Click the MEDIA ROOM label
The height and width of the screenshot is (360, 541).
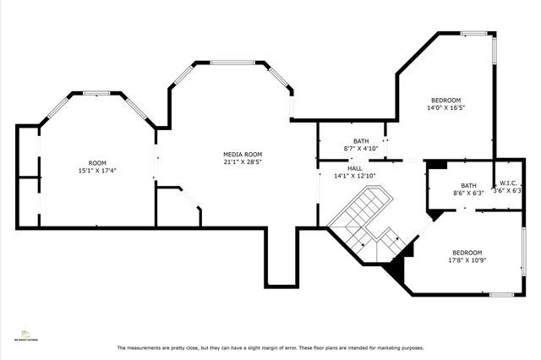click(x=242, y=155)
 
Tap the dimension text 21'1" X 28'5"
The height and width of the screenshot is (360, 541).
click(x=242, y=162)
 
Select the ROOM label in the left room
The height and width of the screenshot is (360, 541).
click(x=97, y=162)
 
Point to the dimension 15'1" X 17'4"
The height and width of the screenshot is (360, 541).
click(x=97, y=170)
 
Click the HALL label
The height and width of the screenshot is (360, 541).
click(x=354, y=168)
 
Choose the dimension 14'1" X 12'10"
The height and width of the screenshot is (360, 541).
click(x=354, y=176)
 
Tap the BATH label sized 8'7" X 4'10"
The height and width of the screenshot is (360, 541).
click(x=361, y=141)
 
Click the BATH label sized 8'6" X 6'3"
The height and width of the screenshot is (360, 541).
click(x=468, y=185)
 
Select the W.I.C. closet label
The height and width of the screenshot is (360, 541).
click(x=508, y=183)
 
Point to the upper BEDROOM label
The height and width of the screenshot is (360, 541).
click(x=446, y=100)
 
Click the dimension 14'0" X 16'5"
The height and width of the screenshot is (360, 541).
click(x=446, y=107)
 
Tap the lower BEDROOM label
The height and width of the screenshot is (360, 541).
click(x=467, y=253)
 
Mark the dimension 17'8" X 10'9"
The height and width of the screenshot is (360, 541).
click(x=467, y=260)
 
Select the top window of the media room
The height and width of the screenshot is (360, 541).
click(x=234, y=63)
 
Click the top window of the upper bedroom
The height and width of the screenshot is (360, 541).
click(x=474, y=33)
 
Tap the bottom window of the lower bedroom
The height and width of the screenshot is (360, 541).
click(x=502, y=294)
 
